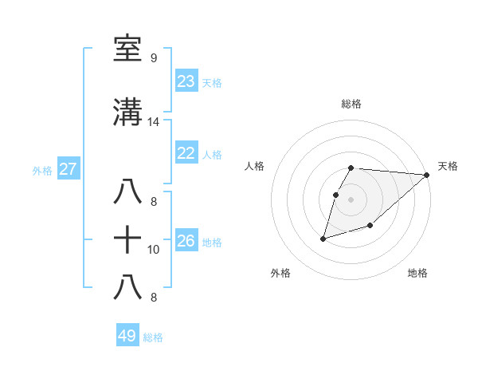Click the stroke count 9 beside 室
153,58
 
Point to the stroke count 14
153,122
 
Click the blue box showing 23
186,81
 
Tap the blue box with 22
186,153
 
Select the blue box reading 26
186,241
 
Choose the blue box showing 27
68,169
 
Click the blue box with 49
127,336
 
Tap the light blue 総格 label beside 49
153,337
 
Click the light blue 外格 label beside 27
42,170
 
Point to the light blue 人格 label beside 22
212,154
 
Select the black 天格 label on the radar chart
448,166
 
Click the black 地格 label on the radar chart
417,273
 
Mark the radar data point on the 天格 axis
427,176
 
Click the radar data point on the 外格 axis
323,238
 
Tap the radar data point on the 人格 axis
336,195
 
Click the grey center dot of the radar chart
351,199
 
